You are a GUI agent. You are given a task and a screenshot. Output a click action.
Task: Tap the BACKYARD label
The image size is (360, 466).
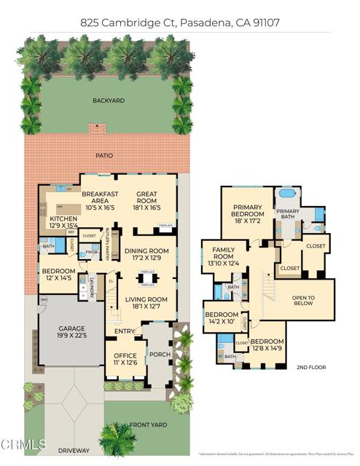pyautogui.click(x=108, y=101)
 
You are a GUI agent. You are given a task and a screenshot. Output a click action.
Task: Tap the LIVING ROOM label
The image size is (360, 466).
pyautogui.click(x=144, y=301)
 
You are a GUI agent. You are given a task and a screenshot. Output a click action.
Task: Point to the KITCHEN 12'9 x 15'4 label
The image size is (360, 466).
pyautogui.click(x=63, y=221)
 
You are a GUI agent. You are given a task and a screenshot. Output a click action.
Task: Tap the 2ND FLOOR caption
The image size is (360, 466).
pyautogui.click(x=311, y=367)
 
